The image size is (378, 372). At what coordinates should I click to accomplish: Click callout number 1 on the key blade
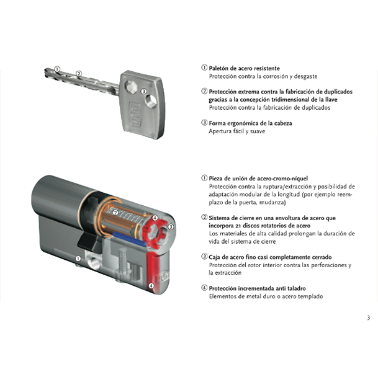[57, 69]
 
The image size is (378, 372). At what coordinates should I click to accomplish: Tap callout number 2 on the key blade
[79, 74]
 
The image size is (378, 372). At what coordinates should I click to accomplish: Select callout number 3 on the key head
[143, 91]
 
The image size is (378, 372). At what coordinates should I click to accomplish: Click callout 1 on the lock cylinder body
[78, 259]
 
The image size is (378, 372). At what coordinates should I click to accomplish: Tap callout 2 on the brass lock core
[115, 213]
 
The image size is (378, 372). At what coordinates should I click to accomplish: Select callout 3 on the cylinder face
[171, 226]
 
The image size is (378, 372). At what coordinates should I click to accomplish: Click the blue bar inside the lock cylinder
[130, 239]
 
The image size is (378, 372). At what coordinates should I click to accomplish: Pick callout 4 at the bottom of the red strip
[151, 286]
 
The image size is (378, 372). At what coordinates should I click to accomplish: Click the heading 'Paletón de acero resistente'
[244, 68]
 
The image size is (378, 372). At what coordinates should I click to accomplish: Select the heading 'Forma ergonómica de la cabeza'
[250, 123]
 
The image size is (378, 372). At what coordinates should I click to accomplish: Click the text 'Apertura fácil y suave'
[236, 131]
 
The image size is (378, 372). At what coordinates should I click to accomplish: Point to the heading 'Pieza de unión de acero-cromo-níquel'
[258, 179]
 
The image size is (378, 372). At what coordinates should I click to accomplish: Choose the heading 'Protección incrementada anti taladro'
[257, 288]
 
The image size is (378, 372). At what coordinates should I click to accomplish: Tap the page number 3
[368, 317]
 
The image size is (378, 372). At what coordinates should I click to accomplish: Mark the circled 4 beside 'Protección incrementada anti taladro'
[204, 288]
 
